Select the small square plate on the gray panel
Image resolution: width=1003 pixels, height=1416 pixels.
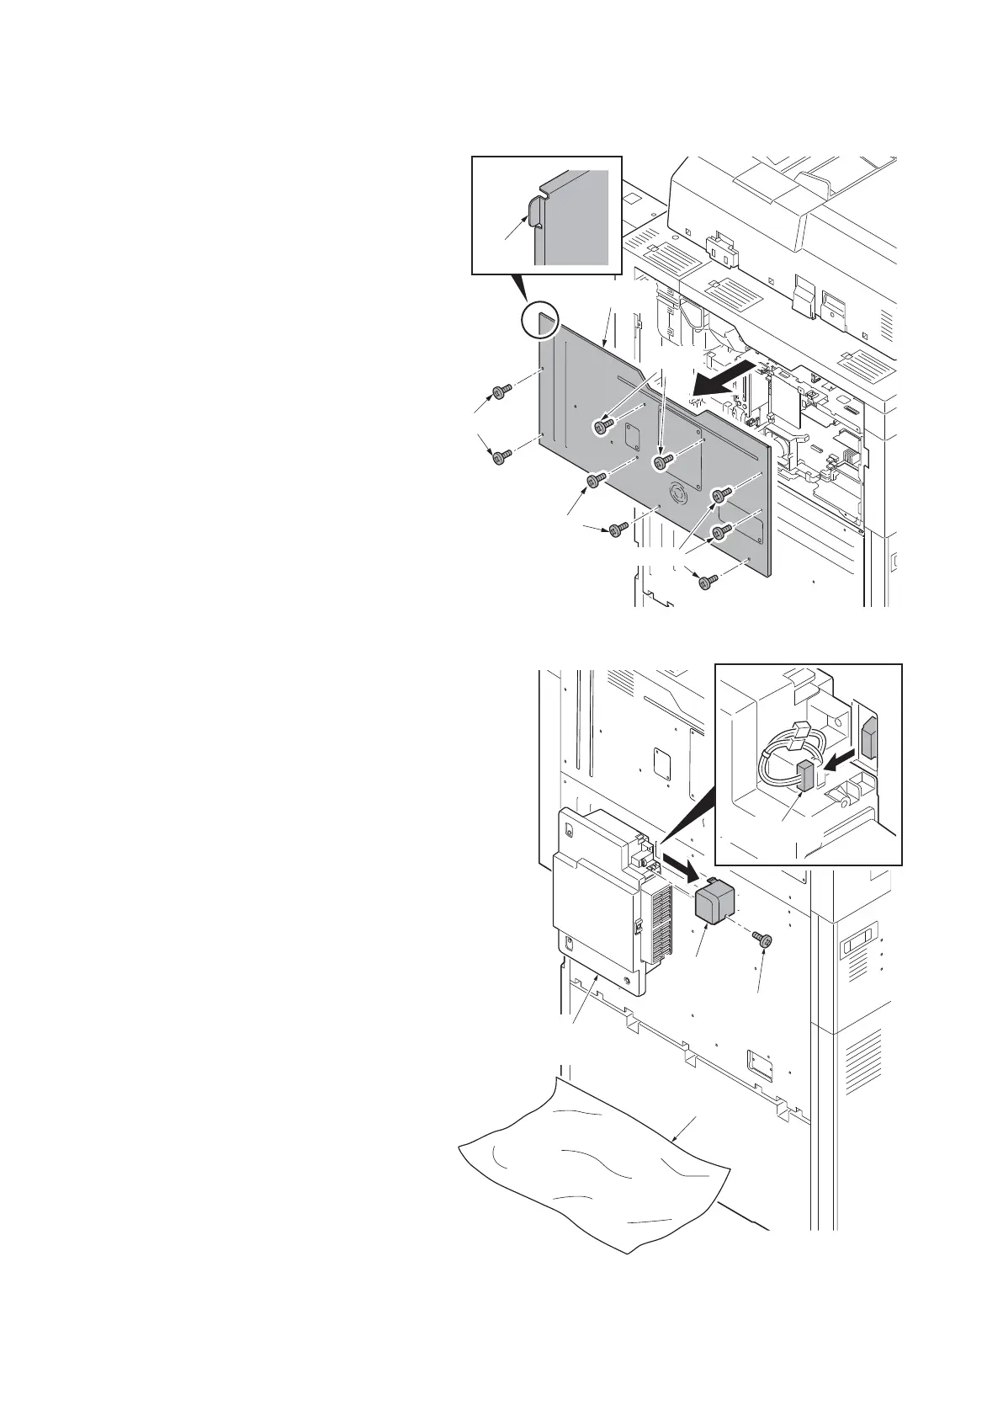click(x=632, y=437)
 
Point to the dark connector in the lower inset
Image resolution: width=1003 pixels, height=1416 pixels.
click(x=805, y=775)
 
